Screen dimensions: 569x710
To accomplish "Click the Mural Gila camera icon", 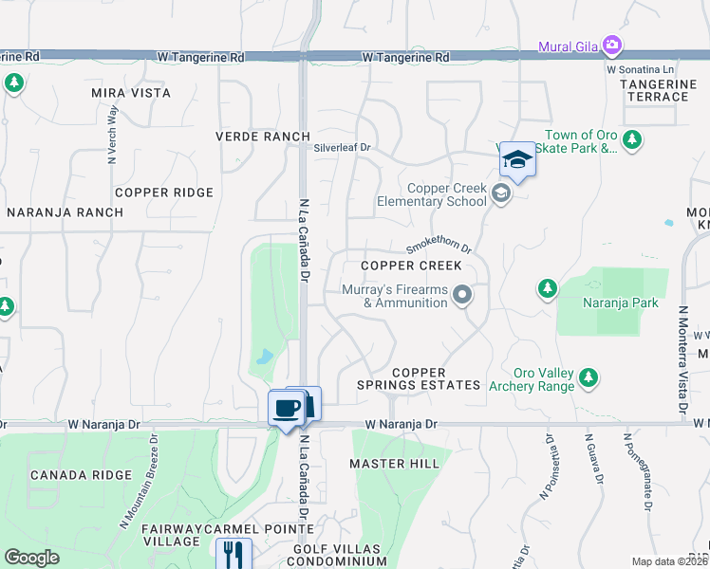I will [612, 45].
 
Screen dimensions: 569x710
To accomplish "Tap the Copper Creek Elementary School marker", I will [501, 194].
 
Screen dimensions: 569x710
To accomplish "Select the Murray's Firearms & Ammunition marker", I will [462, 296].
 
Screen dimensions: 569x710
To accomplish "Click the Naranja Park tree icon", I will [547, 288].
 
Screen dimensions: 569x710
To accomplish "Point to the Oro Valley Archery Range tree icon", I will [589, 378].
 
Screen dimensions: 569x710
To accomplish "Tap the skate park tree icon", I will [632, 141].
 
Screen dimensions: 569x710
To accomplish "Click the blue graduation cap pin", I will [517, 159].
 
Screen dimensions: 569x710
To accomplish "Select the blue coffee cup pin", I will [287, 409].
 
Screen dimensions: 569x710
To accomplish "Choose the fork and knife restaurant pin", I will [233, 554].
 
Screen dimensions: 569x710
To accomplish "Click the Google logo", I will [31, 558].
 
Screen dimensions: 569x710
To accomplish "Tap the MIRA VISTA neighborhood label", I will [131, 93].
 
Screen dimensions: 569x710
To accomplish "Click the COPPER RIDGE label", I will [164, 193].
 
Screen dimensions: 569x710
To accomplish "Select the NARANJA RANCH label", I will [65, 212].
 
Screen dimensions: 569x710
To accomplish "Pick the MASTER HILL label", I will [394, 464].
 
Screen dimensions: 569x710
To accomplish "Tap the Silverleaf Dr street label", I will [342, 148].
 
